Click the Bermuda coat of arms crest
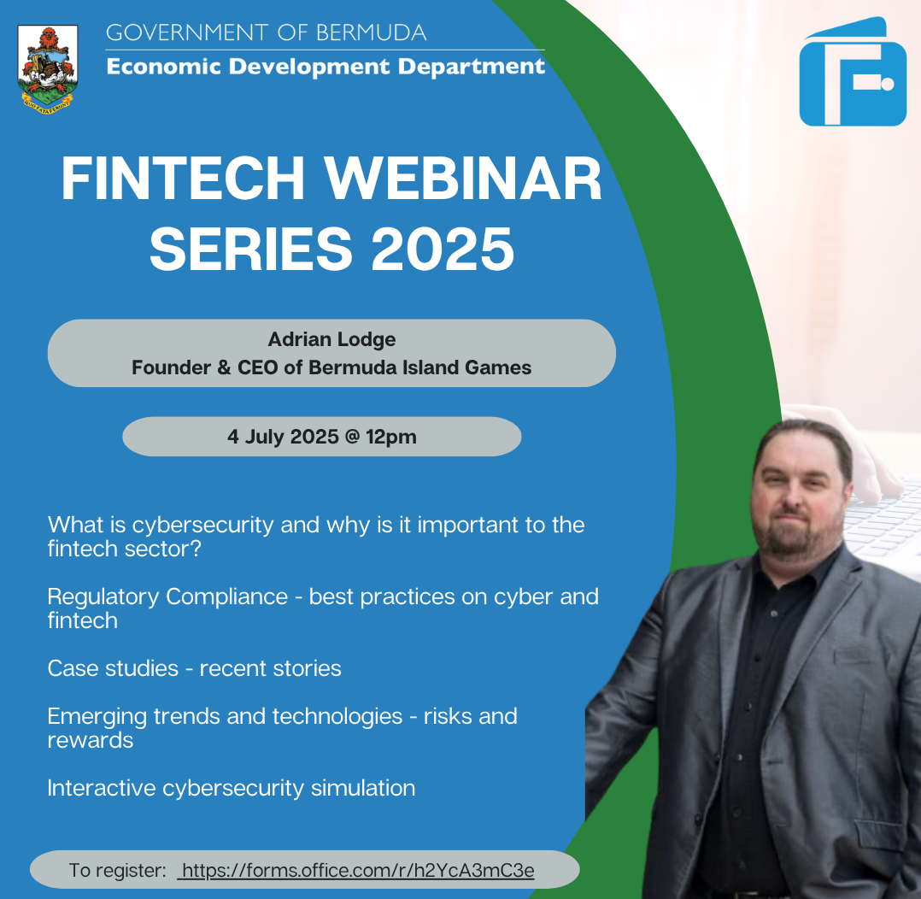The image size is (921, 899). [x=48, y=68]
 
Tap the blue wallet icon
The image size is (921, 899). [x=853, y=73]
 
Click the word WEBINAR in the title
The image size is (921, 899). [x=463, y=179]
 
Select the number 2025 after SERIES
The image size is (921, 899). [x=443, y=250]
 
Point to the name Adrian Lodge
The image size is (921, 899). [x=331, y=339]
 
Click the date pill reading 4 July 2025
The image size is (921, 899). [x=322, y=437]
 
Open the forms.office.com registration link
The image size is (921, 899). [x=356, y=870]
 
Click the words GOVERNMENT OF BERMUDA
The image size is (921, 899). [x=266, y=33]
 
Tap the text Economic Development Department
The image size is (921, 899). [x=326, y=67]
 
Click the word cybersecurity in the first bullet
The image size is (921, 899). [x=202, y=525]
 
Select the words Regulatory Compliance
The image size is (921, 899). [x=167, y=597]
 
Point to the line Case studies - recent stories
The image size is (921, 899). [x=195, y=668]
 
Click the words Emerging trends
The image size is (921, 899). [x=134, y=717]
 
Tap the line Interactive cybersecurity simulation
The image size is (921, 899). [x=232, y=789]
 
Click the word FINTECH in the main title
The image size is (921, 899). [x=183, y=179]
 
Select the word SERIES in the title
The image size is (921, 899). [x=251, y=250]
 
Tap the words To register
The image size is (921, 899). [x=118, y=870]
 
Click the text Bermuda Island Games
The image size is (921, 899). [x=420, y=367]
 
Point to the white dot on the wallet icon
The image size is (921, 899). [x=888, y=84]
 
